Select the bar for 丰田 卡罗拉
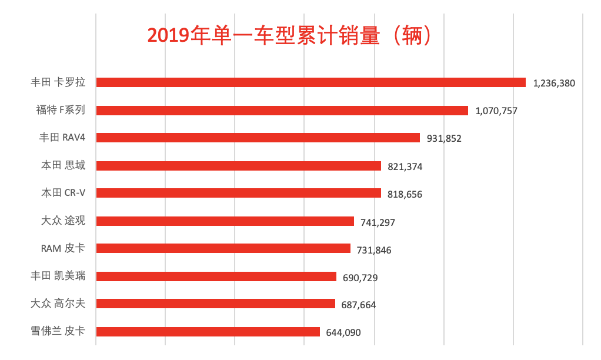[x=310, y=82]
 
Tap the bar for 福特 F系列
[x=282, y=110]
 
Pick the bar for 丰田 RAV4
[x=258, y=138]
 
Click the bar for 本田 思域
[x=238, y=166]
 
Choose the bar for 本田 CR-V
[x=238, y=193]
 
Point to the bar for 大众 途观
[x=225, y=221]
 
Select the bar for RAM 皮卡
[x=223, y=248]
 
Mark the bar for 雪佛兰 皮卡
[x=208, y=332]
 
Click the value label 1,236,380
[x=554, y=83]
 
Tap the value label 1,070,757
[x=496, y=111]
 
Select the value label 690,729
[x=360, y=277]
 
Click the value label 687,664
[x=359, y=305]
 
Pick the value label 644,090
[x=343, y=332]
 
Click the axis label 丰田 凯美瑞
[x=58, y=275]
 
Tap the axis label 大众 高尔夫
[x=58, y=304]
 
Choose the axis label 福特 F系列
[x=61, y=109]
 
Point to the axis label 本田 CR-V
[x=63, y=193]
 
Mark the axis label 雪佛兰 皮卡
[x=58, y=331]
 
